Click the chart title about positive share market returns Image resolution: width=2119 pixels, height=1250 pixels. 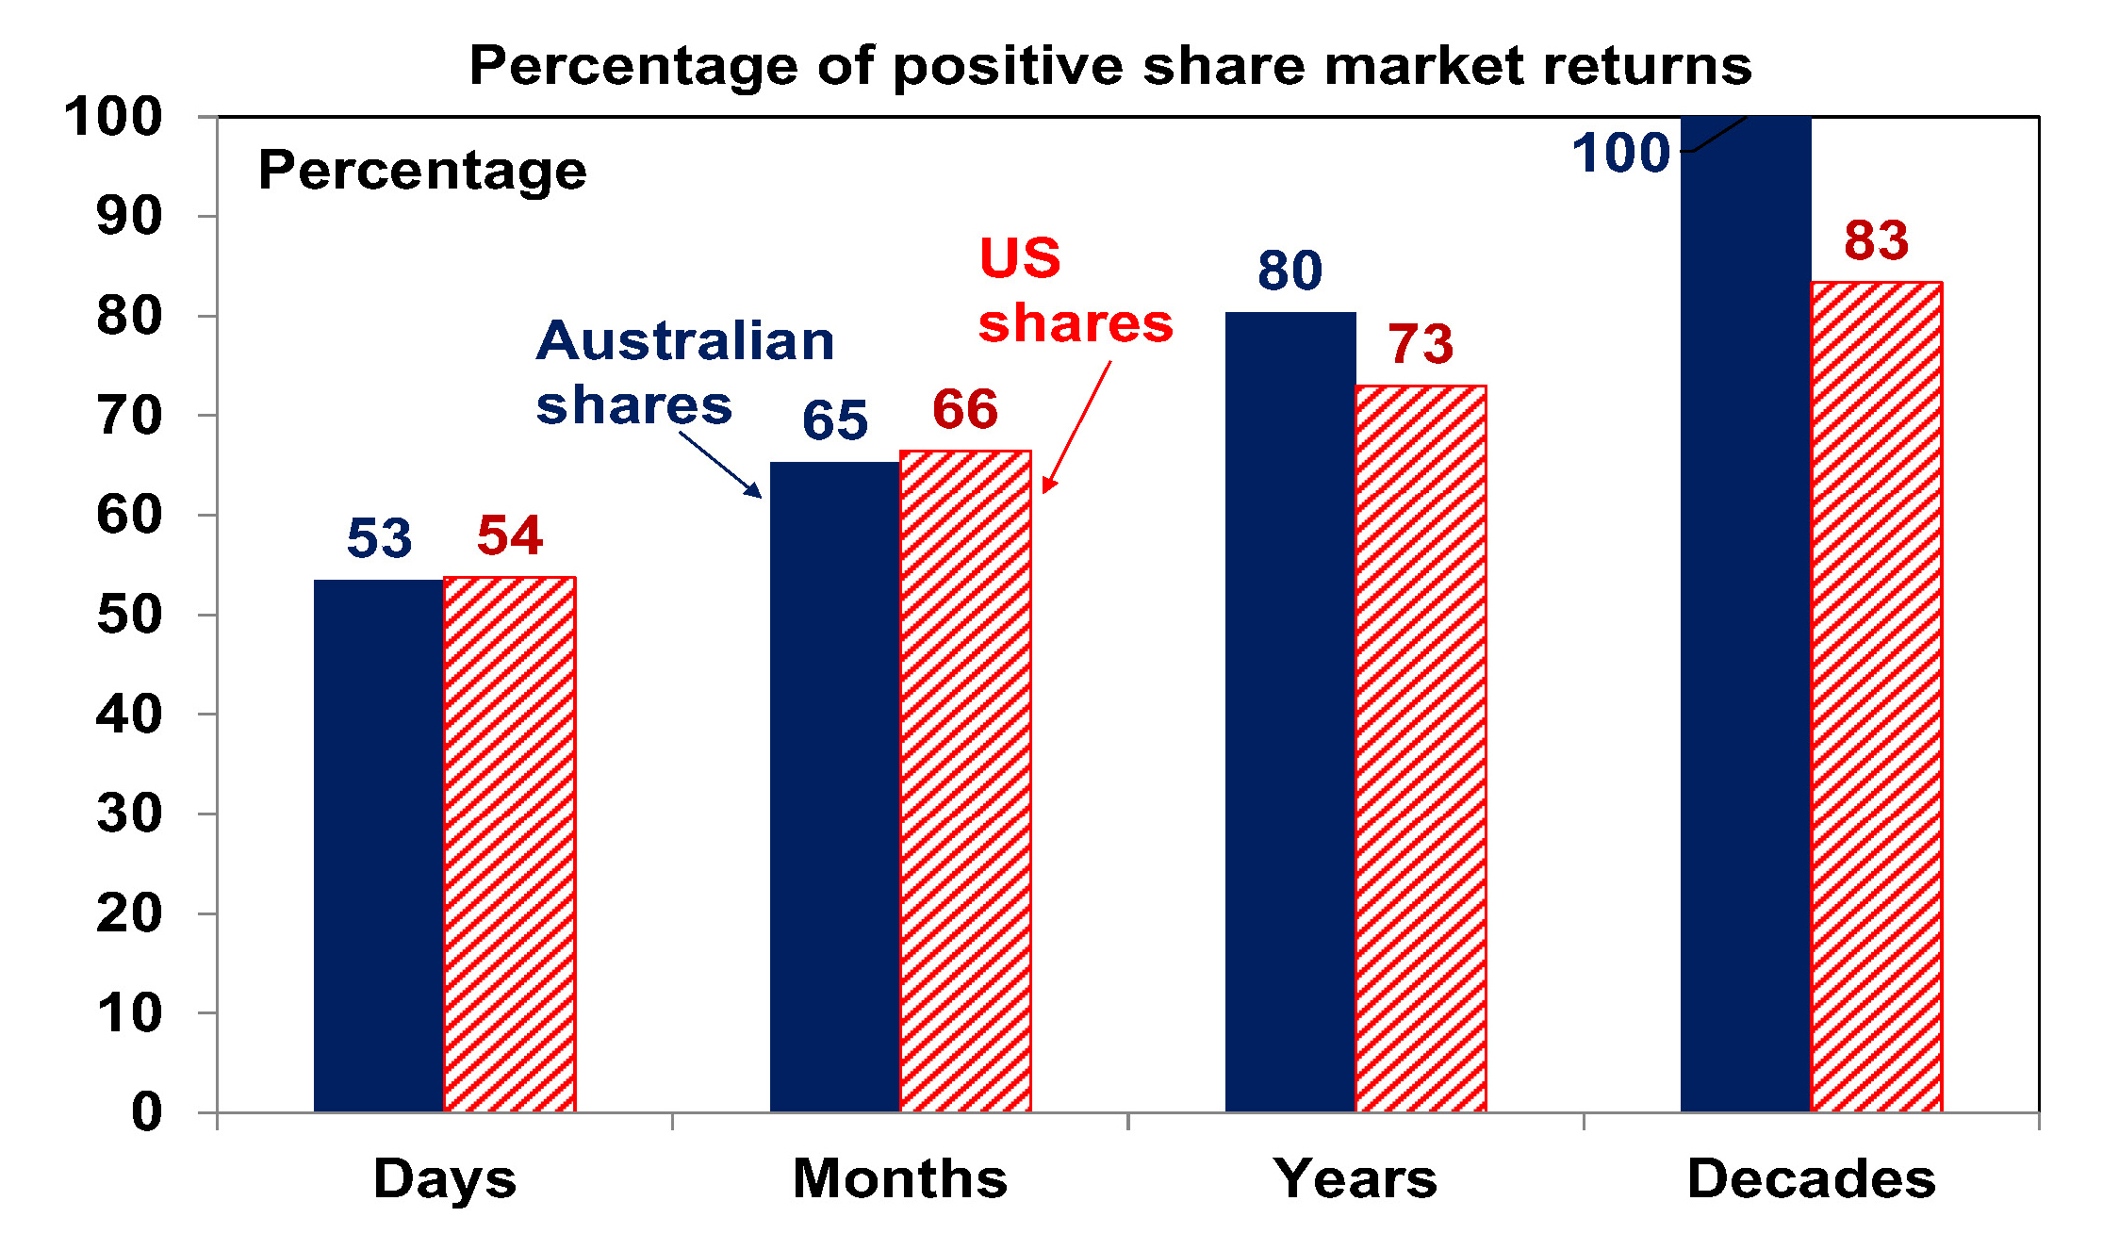1109,66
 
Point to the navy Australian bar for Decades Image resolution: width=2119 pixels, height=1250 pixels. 1745,613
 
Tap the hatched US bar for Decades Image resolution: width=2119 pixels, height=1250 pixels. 1876,697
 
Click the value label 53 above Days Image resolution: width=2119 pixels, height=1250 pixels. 379,538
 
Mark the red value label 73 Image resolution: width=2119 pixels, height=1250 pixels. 1421,344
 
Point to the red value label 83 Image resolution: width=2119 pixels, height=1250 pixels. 1876,240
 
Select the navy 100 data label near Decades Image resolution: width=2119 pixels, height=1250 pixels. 1620,153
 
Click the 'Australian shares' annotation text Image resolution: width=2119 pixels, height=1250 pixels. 685,372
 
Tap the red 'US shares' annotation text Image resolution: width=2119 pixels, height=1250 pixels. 1075,290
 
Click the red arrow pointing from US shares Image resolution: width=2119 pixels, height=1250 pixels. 1076,426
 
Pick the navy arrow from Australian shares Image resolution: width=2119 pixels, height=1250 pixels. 720,464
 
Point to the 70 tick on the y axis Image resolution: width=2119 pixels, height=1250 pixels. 129,416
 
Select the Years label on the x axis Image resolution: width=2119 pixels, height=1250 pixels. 1355,1178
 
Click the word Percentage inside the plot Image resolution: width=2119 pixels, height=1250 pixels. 422,171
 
